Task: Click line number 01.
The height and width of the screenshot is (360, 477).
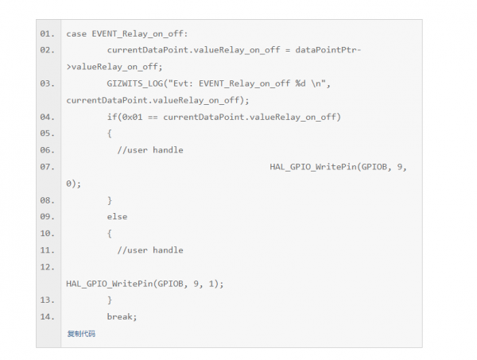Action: pos(47,33)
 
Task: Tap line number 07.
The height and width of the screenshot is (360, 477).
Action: pos(47,167)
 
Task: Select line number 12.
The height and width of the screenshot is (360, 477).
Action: pos(47,267)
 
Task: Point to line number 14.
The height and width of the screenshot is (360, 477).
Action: pos(47,317)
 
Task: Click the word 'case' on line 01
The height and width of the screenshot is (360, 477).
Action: pos(76,33)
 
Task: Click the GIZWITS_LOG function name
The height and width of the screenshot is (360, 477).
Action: pos(134,83)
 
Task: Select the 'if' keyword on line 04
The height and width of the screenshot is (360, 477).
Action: pos(111,117)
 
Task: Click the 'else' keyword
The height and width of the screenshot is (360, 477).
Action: pos(117,217)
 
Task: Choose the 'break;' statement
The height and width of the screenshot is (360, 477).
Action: pos(122,317)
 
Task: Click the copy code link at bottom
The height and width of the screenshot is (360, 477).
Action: pos(81,334)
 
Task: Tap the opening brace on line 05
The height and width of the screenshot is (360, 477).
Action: pos(110,134)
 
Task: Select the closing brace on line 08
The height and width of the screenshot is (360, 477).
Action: pos(110,200)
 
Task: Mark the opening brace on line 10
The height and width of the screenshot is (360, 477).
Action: pos(110,234)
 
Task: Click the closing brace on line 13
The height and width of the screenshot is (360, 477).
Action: pos(110,300)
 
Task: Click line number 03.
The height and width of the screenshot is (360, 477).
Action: pos(47,83)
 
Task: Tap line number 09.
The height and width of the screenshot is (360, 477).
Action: pos(47,217)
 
